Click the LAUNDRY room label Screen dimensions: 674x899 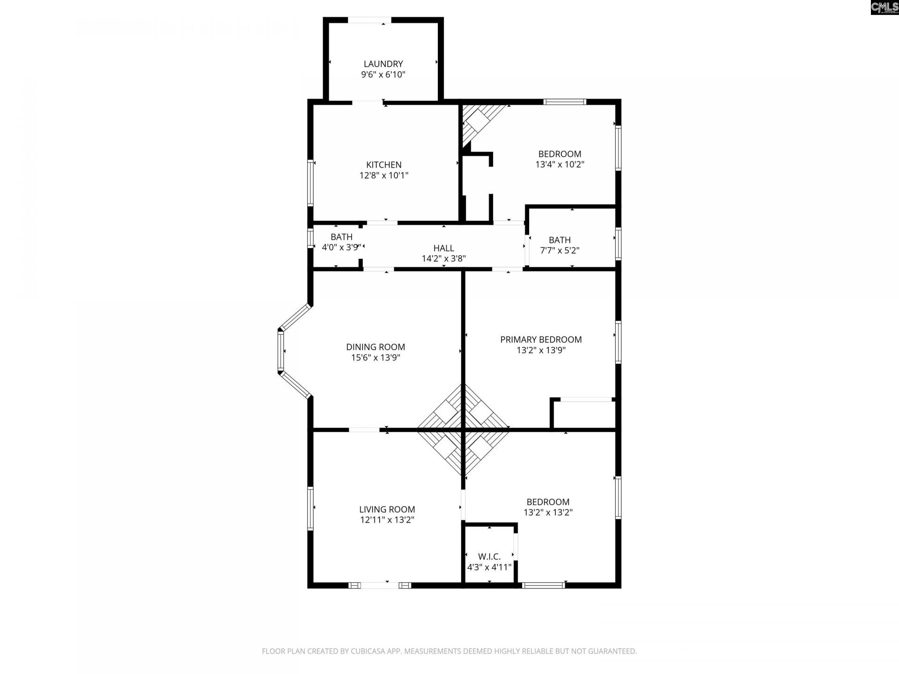[383, 64]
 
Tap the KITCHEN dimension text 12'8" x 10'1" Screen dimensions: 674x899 [383, 176]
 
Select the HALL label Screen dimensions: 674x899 [443, 248]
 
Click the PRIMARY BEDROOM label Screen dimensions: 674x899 [541, 339]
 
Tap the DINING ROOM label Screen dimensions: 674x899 [376, 347]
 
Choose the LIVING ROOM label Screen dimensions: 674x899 [387, 509]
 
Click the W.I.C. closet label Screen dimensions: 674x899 [489, 557]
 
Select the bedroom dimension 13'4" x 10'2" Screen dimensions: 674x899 [560, 165]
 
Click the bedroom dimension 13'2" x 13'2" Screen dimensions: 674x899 [548, 513]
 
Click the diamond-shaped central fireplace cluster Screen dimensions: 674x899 [463, 429]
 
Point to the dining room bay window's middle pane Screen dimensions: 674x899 [281, 351]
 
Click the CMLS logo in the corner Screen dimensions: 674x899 [884, 7]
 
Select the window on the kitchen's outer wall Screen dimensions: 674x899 [310, 183]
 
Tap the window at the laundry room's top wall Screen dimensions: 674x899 [369, 20]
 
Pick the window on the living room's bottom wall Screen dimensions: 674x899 [380, 585]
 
